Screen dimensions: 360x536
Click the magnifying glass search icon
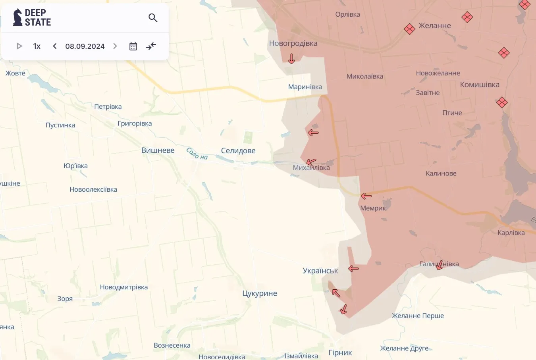[x=153, y=18]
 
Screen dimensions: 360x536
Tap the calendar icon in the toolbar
[x=133, y=46]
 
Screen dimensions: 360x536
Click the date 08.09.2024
[x=85, y=46]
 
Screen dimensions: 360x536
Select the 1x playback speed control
[x=37, y=46]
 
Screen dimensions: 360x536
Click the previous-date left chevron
[x=55, y=46]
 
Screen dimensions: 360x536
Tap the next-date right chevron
[x=115, y=46]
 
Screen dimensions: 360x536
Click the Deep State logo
[x=32, y=17]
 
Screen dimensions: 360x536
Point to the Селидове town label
[x=238, y=150]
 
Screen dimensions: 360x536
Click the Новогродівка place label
[x=293, y=43]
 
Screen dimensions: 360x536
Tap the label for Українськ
[x=320, y=271]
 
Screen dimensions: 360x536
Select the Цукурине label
[x=260, y=293]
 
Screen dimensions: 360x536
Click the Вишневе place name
[x=158, y=150]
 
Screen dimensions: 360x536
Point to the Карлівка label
[x=511, y=233]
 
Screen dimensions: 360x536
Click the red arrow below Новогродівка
[x=291, y=59]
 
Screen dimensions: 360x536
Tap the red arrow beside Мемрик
[x=366, y=196]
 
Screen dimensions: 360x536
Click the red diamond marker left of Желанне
[x=409, y=29]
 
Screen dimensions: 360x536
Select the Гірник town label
[x=340, y=352]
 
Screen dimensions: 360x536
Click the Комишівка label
[x=480, y=85]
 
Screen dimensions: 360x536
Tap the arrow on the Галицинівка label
[x=439, y=265]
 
